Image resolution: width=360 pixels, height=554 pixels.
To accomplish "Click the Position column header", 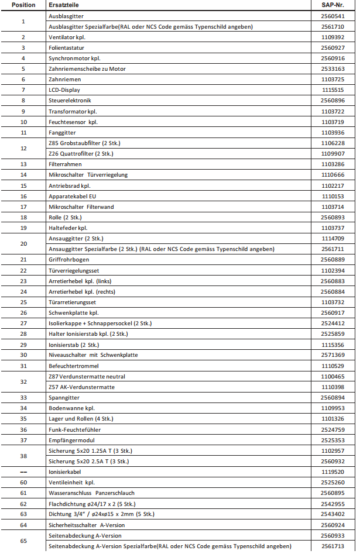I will pyautogui.click(x=23, y=5).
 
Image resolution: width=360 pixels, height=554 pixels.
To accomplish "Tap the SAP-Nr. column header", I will pyautogui.click(x=332, y=5).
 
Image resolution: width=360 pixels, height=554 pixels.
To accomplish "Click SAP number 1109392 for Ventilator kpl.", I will pyautogui.click(x=332, y=37).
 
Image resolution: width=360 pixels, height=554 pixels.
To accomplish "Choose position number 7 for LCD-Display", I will pyautogui.click(x=23, y=90).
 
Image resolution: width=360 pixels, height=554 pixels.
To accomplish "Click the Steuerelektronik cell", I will pyautogui.click(x=70, y=101).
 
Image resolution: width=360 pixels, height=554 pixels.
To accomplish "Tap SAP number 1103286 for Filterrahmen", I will pyautogui.click(x=332, y=164).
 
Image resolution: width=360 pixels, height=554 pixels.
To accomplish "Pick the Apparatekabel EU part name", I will pyautogui.click(x=72, y=196).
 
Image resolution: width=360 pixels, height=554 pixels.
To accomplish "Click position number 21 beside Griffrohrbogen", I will pyautogui.click(x=23, y=260).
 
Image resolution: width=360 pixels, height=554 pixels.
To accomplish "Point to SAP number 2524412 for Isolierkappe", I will pyautogui.click(x=332, y=324).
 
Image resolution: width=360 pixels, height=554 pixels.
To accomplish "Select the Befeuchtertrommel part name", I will pyautogui.click(x=73, y=366).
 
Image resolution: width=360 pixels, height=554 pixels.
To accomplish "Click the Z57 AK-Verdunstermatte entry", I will pyautogui.click(x=81, y=387).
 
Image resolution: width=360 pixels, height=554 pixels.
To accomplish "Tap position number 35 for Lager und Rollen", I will pyautogui.click(x=23, y=419).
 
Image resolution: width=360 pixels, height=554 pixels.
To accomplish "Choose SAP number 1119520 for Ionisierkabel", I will pyautogui.click(x=332, y=472).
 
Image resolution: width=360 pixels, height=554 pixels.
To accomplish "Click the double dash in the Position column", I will pyautogui.click(x=23, y=472).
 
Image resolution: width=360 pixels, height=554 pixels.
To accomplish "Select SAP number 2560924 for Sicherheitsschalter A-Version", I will pyautogui.click(x=332, y=525).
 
